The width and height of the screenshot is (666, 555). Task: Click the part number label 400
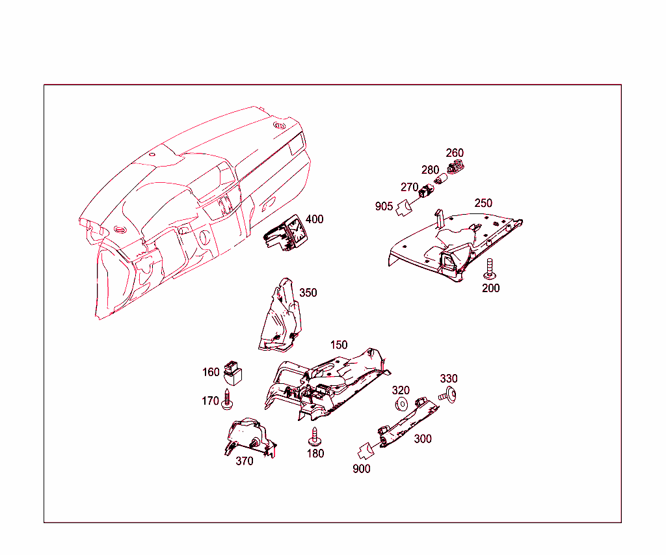pyautogui.click(x=314, y=219)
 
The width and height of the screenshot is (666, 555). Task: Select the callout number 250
pyautogui.click(x=483, y=203)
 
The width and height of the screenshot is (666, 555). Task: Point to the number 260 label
pyautogui.click(x=455, y=154)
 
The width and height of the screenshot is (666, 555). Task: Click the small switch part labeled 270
pyautogui.click(x=427, y=191)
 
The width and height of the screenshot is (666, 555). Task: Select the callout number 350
pyautogui.click(x=308, y=293)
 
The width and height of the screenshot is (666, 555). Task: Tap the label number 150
pyautogui.click(x=339, y=345)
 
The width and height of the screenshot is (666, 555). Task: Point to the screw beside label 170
pyautogui.click(x=228, y=399)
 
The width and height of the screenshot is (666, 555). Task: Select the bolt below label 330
pyautogui.click(x=449, y=394)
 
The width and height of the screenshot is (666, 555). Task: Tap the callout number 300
pyautogui.click(x=423, y=439)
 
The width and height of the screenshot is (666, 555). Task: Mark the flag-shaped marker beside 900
pyautogui.click(x=366, y=450)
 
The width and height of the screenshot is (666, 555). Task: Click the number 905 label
pyautogui.click(x=384, y=206)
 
